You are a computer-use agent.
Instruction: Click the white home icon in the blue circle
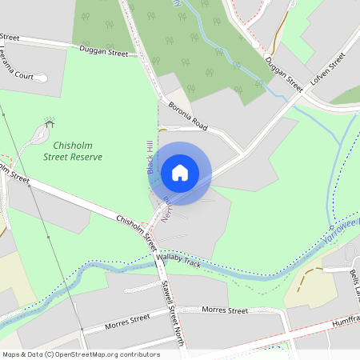(x=180, y=172)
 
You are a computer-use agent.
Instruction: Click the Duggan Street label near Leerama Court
(x=104, y=51)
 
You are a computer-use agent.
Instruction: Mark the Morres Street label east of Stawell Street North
(x=226, y=309)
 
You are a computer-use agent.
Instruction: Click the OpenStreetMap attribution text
(x=81, y=354)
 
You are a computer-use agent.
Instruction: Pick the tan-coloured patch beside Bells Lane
(x=308, y=280)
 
